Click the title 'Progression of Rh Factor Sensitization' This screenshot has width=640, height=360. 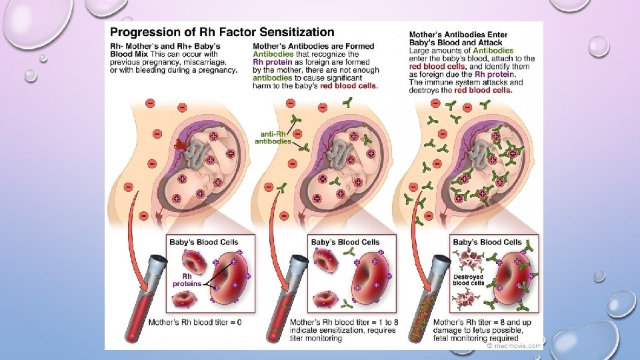tap(221, 31)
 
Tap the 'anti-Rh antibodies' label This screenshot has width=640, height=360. tap(274, 137)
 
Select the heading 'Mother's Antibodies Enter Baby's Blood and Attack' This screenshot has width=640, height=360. tap(460, 39)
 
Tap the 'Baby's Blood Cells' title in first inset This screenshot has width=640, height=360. tap(204, 242)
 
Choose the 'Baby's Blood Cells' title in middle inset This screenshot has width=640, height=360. tap(345, 242)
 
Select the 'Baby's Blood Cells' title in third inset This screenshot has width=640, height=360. tap(487, 242)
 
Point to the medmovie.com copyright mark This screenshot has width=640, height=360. tap(513, 345)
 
